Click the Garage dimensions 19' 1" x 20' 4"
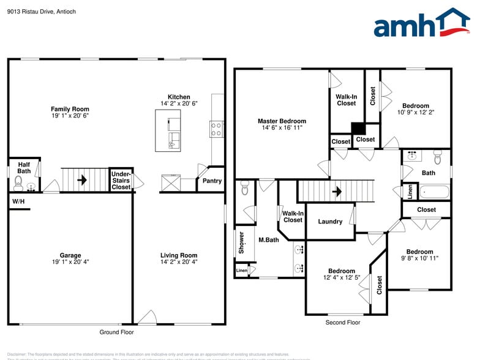tap(70, 262)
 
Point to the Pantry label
tap(212, 181)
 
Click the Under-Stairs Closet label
tap(121, 181)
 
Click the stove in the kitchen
tap(216, 129)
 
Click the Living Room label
tap(179, 255)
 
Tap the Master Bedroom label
tap(282, 121)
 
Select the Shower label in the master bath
tap(241, 243)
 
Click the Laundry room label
tap(330, 222)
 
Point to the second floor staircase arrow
tap(336, 191)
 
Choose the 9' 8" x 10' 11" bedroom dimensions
tap(419, 258)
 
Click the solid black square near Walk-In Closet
tap(357, 128)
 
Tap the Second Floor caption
tap(343, 323)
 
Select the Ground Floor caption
tap(116, 332)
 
